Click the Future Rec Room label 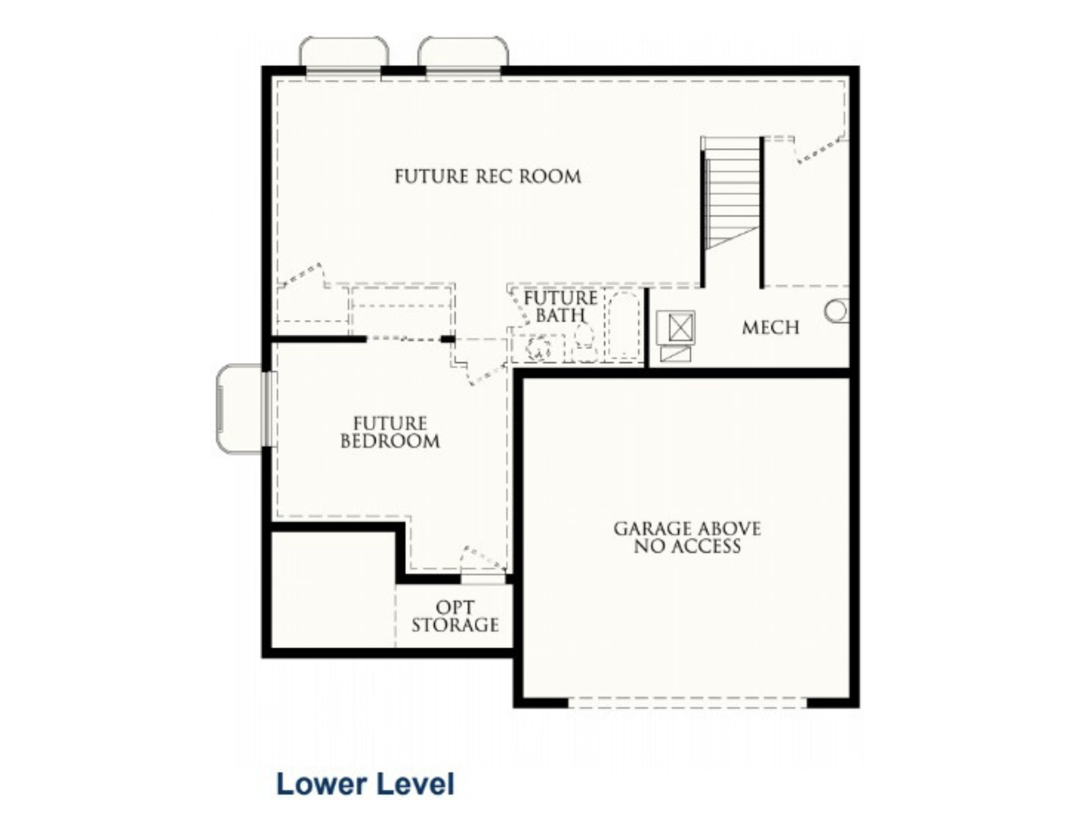[487, 177]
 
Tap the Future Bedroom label [390, 432]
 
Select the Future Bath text [560, 306]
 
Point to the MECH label [770, 327]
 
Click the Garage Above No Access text [687, 537]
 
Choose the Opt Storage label [455, 616]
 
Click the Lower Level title [365, 784]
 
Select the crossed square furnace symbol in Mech [676, 327]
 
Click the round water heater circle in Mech [837, 311]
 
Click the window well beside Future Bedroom [240, 409]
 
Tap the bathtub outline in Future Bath [624, 326]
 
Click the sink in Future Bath [539, 348]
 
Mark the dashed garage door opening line [688, 703]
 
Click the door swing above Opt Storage [483, 559]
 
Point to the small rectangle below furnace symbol [676, 354]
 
